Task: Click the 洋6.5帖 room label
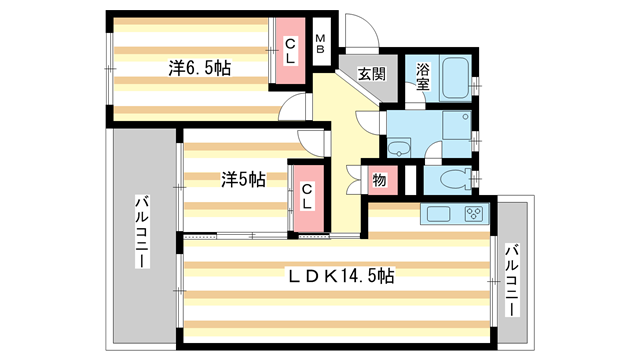point(200,69)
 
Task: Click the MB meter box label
point(321,44)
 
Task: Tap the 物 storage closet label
point(381,180)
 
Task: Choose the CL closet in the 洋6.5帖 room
point(289,50)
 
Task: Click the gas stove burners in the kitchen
point(471,214)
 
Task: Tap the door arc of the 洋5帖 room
point(314,143)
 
